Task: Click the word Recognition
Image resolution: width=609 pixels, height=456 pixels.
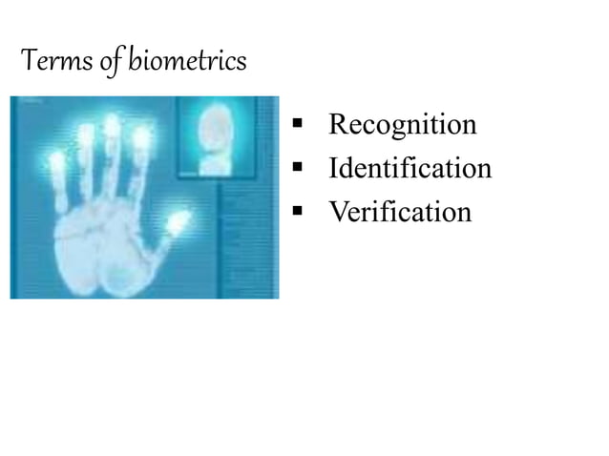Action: (x=402, y=125)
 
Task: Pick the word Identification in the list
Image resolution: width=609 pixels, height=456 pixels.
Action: (x=409, y=169)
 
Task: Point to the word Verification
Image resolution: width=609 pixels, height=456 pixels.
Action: (x=400, y=212)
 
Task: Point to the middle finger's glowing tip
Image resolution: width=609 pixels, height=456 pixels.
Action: (x=113, y=124)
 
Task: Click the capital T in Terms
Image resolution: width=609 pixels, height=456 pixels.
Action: (x=28, y=63)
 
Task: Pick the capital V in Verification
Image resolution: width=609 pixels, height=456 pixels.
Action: (x=338, y=212)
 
